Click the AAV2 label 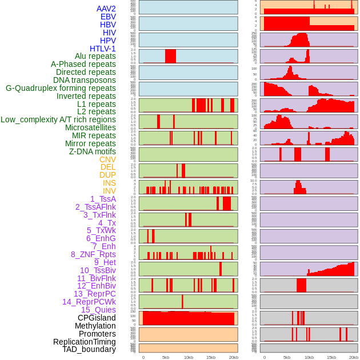[x=106, y=9]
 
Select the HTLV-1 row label [x=102, y=49]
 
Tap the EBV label [x=108, y=17]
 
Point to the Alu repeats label [x=95, y=56]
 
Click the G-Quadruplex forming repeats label [x=61, y=88]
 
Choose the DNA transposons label [x=85, y=80]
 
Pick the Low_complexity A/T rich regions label [x=58, y=119]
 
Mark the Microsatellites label [x=90, y=127]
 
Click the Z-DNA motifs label [x=92, y=151]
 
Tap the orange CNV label [x=107, y=159]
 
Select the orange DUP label [x=107, y=175]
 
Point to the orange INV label [x=109, y=191]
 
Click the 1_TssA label [x=103, y=199]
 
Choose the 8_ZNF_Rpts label [x=93, y=254]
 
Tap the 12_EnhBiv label [x=97, y=286]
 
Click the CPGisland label [x=97, y=318]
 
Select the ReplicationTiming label [x=84, y=342]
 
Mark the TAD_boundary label [x=89, y=349]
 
